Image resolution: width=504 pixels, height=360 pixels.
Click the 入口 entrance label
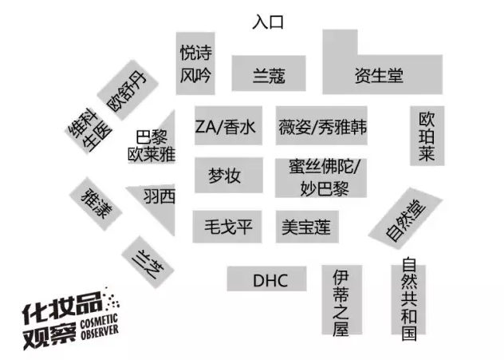(x=268, y=22)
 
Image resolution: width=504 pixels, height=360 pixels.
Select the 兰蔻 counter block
(x=269, y=73)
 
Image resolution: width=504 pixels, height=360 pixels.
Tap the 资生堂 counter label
(x=379, y=76)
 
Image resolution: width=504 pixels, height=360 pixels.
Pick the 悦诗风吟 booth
(x=195, y=63)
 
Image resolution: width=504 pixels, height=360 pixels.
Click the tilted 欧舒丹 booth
(x=128, y=90)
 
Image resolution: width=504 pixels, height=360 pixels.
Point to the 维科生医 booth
(x=89, y=131)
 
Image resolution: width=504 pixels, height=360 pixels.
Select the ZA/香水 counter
(x=228, y=126)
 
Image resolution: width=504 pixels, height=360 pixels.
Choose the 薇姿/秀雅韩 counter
(x=321, y=126)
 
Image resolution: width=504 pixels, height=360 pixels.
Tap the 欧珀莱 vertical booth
(x=427, y=136)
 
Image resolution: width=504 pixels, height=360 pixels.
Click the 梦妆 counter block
(x=229, y=176)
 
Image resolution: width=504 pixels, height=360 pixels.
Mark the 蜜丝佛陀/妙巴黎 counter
(x=321, y=178)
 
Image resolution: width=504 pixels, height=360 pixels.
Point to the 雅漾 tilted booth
(x=96, y=204)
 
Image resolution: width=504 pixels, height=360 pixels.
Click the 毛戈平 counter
(x=227, y=227)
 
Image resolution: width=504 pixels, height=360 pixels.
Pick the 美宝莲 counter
(x=307, y=227)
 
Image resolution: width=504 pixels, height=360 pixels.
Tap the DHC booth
(x=267, y=279)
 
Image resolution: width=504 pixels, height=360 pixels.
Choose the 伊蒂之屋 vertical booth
(x=342, y=300)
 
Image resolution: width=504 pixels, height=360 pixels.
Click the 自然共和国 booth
(x=408, y=300)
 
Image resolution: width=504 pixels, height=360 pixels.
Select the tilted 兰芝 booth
(x=148, y=262)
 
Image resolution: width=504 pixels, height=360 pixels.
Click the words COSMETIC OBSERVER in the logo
(x=100, y=326)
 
